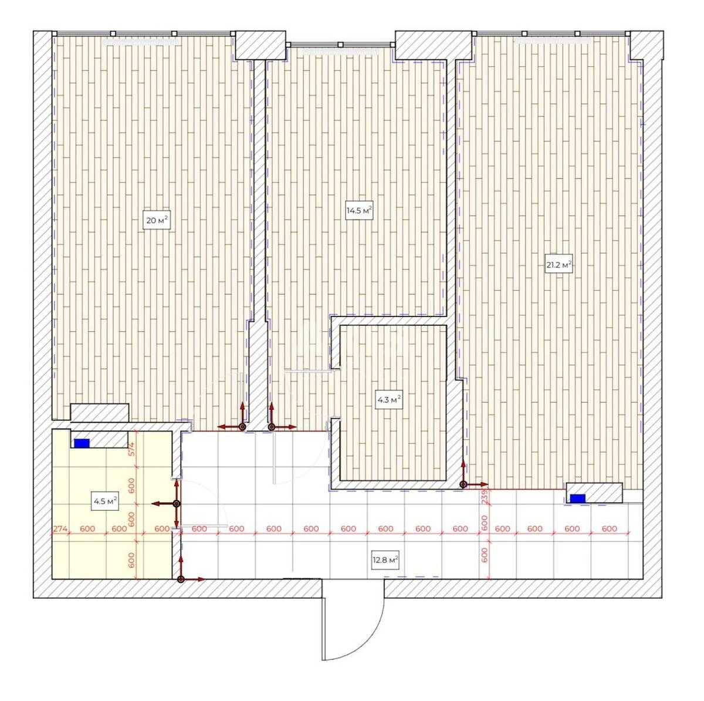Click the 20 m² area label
point(157,220)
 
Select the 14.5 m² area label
point(359,210)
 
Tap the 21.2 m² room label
point(559,265)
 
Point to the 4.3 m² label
point(389,400)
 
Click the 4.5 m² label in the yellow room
point(105,501)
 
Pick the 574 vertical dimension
point(132,449)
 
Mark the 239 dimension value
point(485,497)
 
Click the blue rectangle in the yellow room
point(82,443)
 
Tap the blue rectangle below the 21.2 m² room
point(578,498)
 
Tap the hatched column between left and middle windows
point(260,45)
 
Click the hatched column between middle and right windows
point(434,45)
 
